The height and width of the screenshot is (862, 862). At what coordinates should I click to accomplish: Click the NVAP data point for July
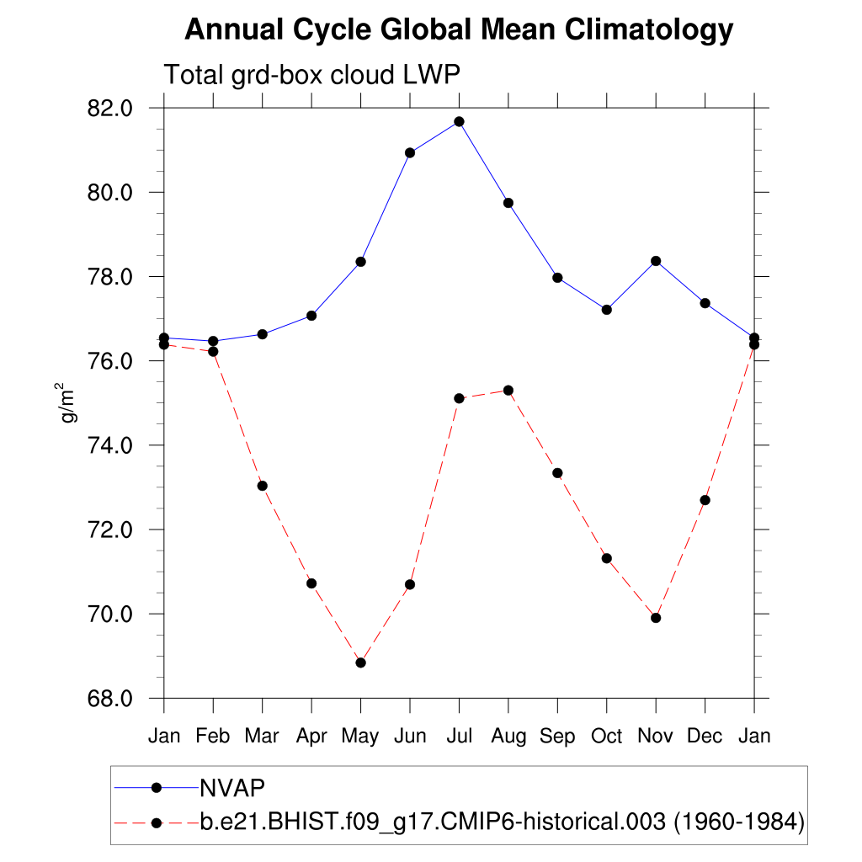(x=459, y=121)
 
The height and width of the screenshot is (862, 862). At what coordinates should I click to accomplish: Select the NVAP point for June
(x=410, y=152)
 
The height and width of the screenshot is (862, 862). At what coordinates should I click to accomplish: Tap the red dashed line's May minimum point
(x=361, y=662)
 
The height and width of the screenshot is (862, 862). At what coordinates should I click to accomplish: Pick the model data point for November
(x=656, y=618)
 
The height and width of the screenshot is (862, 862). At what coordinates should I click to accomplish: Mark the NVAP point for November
(x=656, y=261)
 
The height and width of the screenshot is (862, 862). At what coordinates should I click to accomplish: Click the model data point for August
(x=508, y=390)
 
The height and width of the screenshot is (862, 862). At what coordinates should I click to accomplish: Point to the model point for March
(x=262, y=486)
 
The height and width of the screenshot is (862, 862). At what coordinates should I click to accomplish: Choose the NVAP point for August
(x=508, y=203)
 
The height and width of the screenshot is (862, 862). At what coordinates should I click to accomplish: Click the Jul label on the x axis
(x=459, y=736)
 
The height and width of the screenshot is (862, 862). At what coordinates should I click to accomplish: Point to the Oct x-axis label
(x=606, y=736)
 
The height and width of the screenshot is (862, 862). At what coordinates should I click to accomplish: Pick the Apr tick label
(x=311, y=736)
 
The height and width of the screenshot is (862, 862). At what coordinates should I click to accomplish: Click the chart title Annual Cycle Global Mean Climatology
(x=459, y=30)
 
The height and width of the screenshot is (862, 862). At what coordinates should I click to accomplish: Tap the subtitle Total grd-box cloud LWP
(x=311, y=75)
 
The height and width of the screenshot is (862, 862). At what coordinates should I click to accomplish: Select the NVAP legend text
(x=232, y=788)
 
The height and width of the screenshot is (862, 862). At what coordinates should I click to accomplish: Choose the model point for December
(x=705, y=500)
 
